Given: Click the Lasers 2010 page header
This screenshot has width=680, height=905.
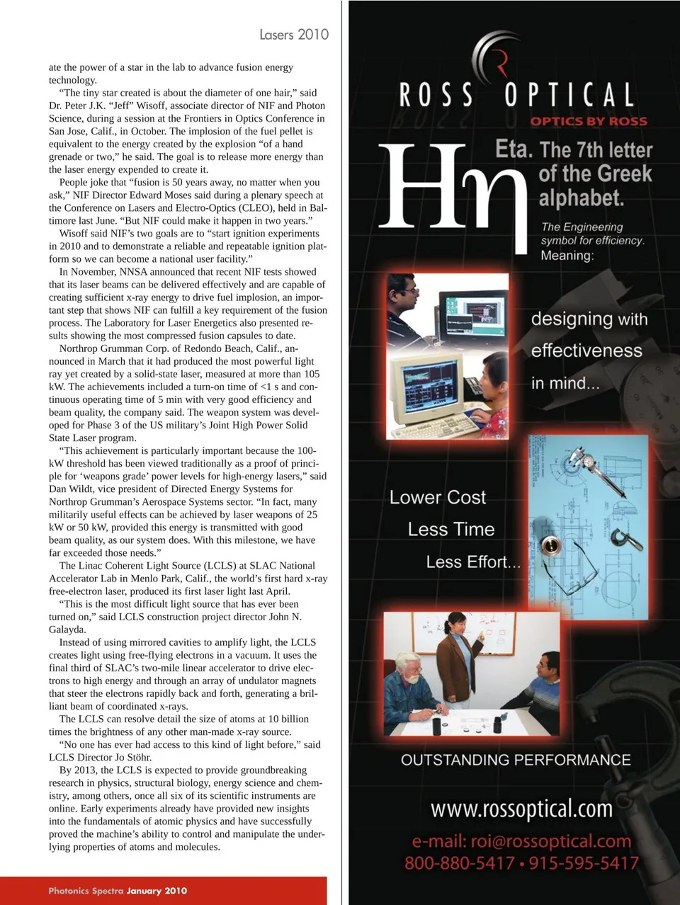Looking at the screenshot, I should coord(293,34).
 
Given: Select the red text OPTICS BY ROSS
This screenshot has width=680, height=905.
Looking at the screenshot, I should coord(588,121).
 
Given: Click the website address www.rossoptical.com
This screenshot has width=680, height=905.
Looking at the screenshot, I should coord(521,808).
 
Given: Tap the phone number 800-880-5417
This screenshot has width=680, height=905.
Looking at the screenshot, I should coord(459,863).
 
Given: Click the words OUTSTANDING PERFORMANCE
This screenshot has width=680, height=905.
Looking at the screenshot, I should coord(516,760).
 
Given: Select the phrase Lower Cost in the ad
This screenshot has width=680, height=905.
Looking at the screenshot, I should coord(437,497).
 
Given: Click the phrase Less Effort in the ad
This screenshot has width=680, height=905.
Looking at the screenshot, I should coord(472,562).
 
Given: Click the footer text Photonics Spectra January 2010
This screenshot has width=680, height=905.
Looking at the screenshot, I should coord(118,891).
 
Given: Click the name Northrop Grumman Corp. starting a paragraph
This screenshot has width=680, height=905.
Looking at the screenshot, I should coord(114,348).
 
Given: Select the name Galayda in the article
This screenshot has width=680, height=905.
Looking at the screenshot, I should coord(67,630).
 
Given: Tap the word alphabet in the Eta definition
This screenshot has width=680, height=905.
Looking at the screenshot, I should coord(581,198).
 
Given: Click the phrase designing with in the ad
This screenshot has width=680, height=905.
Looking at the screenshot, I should coord(589,319).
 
